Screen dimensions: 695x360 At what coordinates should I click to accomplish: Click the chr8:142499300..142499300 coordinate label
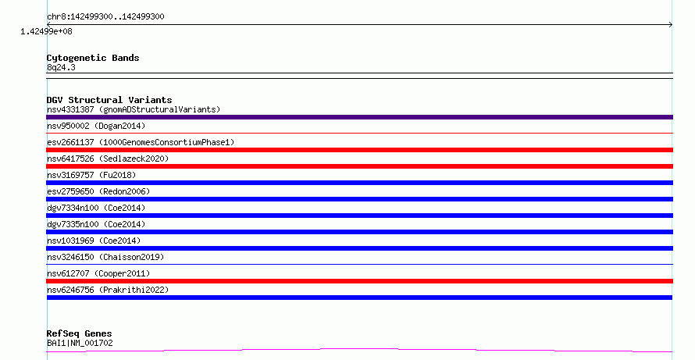[105, 17]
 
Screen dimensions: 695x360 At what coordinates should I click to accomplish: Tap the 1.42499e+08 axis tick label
[46, 31]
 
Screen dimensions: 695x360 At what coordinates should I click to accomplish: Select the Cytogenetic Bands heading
[93, 58]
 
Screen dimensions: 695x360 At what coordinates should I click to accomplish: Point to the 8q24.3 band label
[61, 67]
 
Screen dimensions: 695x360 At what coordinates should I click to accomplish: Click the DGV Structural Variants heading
[109, 100]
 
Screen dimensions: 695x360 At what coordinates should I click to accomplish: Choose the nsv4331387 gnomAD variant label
[134, 109]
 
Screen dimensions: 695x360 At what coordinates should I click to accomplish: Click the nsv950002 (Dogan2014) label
[96, 126]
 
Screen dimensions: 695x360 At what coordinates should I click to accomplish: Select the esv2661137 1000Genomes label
[141, 142]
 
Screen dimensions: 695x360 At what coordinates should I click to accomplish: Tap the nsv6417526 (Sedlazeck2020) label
[108, 159]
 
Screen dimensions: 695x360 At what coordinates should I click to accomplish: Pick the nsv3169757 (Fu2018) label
[91, 175]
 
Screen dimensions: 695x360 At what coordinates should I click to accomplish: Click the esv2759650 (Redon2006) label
[98, 191]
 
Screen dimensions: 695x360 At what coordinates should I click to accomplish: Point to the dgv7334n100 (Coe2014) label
[96, 208]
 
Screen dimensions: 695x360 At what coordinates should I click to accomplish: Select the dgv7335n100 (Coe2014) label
[96, 224]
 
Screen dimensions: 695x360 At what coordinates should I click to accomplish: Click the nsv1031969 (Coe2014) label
[94, 241]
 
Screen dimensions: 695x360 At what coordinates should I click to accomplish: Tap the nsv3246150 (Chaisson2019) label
[105, 257]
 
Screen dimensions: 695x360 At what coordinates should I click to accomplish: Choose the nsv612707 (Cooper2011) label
[98, 273]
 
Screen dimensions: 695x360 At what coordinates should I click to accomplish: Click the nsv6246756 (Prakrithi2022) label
[108, 290]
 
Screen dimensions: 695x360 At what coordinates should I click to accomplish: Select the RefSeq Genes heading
[80, 333]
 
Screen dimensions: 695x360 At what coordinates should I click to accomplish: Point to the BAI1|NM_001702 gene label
[80, 343]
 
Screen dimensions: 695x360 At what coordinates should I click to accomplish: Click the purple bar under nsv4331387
[359, 117]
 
